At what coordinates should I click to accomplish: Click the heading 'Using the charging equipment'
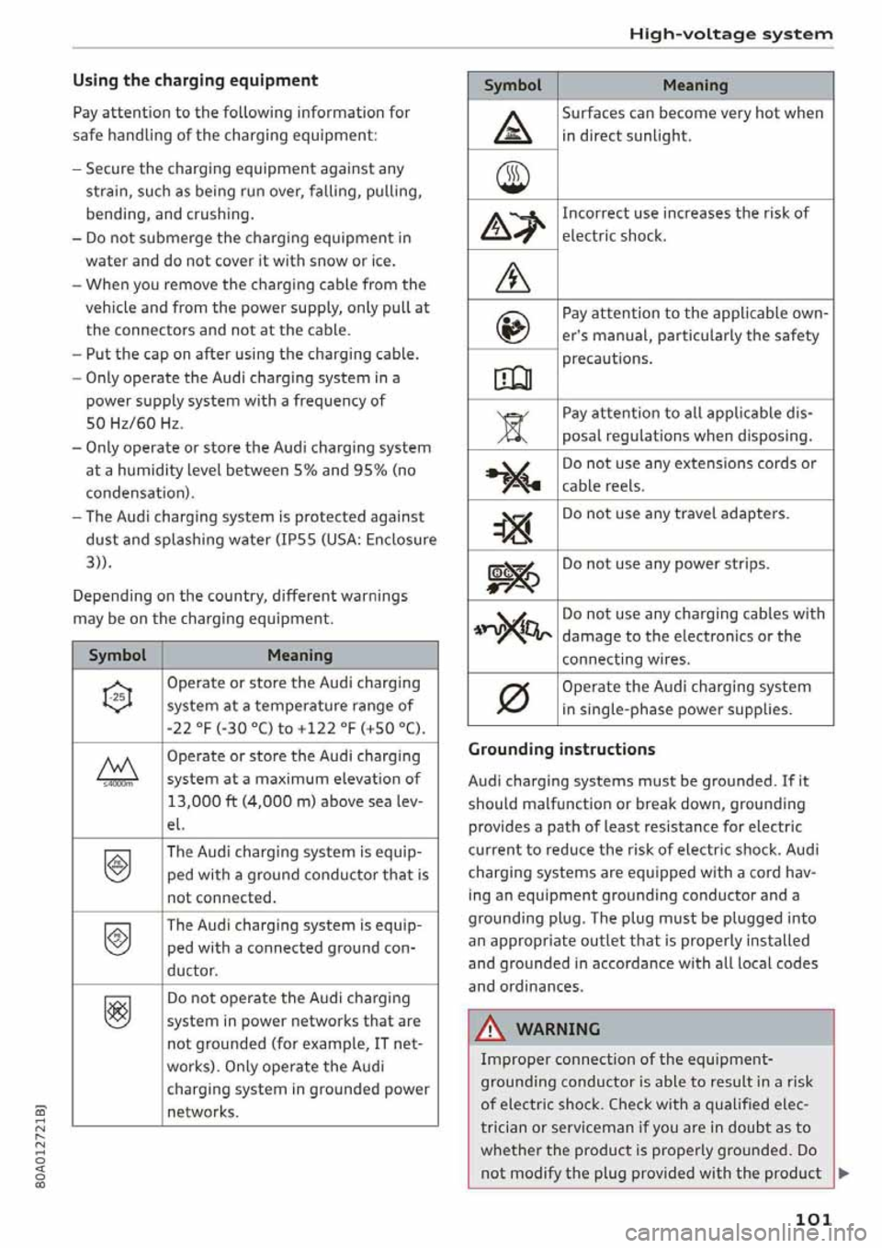tap(195, 81)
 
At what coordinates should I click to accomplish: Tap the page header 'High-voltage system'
tap(730, 34)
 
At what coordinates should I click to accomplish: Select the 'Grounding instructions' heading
tap(561, 749)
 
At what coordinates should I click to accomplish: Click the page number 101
tap(813, 1219)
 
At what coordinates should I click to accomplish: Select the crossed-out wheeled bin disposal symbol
tap(513, 425)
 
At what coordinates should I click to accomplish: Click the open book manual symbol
tap(513, 375)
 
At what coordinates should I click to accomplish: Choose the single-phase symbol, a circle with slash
tap(513, 699)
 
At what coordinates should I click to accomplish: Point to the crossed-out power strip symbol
tap(513, 574)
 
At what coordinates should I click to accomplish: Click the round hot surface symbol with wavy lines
tap(513, 175)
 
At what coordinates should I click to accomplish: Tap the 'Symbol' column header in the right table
tap(513, 85)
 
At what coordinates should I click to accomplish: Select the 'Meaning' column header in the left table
tap(300, 655)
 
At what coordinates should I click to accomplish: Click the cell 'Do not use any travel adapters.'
tap(675, 514)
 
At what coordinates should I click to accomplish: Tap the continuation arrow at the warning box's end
tap(843, 1174)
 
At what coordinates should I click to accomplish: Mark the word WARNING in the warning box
tap(558, 1029)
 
